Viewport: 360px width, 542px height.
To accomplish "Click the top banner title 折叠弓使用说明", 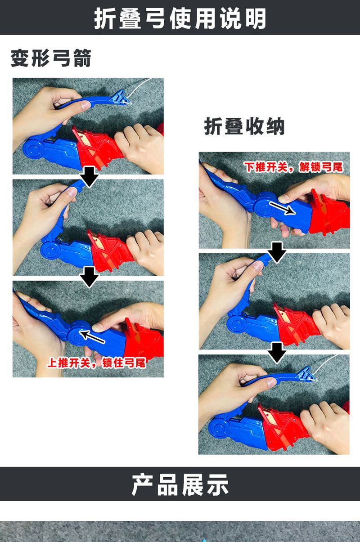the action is [x=180, y=18].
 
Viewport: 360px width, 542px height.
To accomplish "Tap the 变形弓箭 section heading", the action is [x=51, y=58].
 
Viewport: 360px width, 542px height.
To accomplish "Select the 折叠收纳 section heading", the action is [x=244, y=126].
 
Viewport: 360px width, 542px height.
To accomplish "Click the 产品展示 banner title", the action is [x=180, y=485].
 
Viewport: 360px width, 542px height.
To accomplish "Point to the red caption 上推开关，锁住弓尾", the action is [x=96, y=363].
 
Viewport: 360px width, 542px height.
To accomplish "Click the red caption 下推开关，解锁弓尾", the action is [x=293, y=167].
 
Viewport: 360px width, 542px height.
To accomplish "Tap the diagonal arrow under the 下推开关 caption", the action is [x=282, y=208].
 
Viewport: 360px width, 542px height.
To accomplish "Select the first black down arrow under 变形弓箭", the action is [x=90, y=177].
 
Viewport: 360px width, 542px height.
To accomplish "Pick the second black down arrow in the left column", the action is [x=90, y=277].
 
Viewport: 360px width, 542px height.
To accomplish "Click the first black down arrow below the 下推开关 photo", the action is [x=277, y=253].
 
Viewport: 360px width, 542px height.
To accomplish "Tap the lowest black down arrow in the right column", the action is [x=277, y=353].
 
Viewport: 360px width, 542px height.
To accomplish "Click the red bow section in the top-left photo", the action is [x=97, y=148].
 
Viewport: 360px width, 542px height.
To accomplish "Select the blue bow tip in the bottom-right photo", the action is [x=305, y=374].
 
